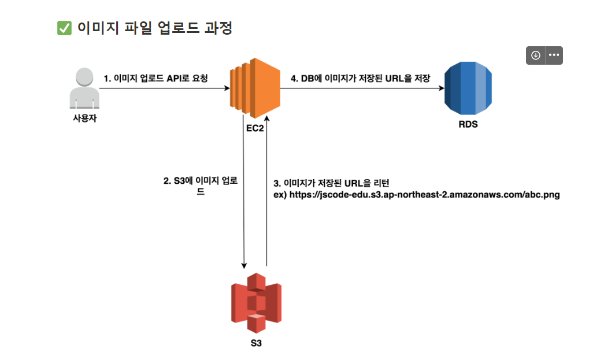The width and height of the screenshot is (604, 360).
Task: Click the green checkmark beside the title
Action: [64, 28]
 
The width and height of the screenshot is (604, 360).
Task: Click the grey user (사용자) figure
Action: [84, 88]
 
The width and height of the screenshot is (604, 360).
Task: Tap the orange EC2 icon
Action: [255, 88]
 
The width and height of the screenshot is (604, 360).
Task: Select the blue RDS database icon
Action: [468, 88]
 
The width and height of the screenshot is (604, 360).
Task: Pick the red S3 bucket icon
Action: [256, 303]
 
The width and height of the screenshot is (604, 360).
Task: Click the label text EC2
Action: [255, 128]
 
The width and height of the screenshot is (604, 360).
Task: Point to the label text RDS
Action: [468, 124]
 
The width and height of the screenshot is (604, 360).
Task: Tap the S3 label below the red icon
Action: [256, 343]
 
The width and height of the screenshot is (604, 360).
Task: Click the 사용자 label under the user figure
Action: [85, 118]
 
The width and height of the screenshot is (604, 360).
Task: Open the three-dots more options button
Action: [554, 55]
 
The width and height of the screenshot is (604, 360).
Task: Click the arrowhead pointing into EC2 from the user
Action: [227, 88]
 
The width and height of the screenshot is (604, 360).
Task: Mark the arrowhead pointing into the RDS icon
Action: [442, 88]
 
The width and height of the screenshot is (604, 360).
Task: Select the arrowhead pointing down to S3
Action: [244, 266]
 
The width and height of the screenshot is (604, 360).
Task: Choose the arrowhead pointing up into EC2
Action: [266, 118]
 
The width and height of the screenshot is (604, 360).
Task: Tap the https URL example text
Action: [424, 194]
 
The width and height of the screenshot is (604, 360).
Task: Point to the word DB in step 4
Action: [307, 79]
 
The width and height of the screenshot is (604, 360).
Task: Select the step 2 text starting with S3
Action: [201, 186]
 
